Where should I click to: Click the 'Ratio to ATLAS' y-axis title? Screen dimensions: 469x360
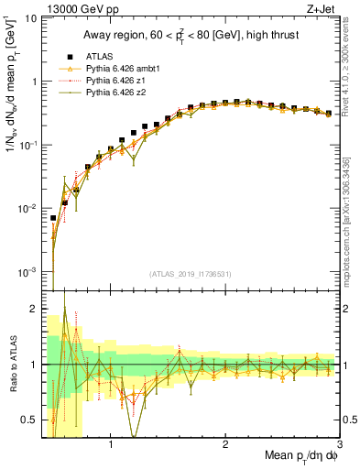tap(12, 365)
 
